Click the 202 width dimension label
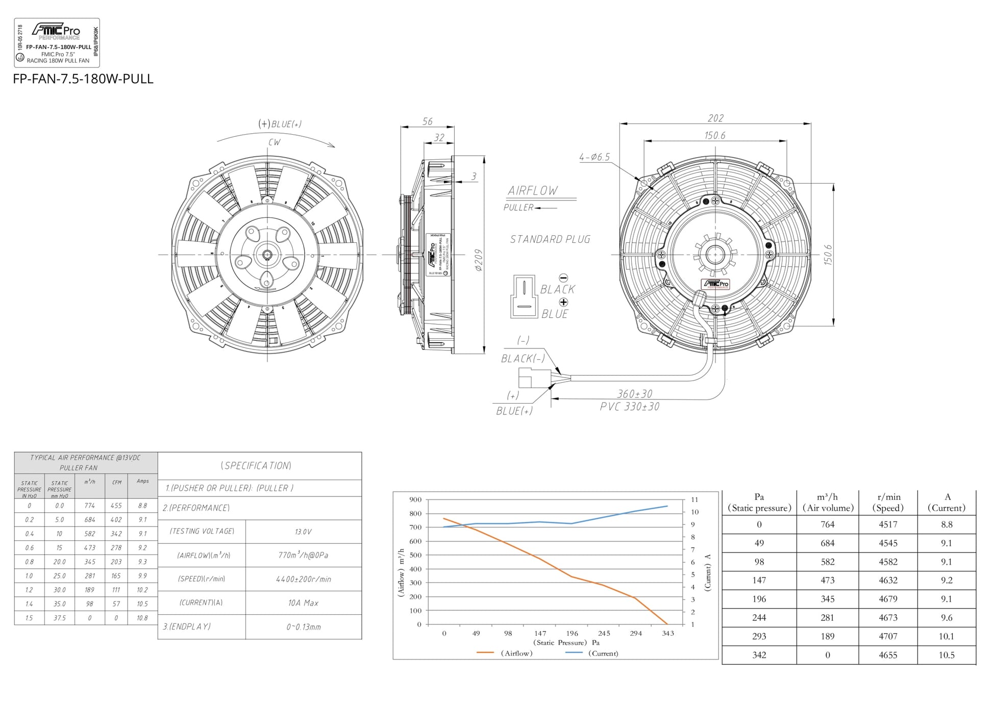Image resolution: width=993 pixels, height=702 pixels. (715, 118)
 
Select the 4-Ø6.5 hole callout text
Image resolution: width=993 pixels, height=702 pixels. (594, 157)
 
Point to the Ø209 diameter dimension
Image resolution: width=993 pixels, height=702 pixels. (478, 260)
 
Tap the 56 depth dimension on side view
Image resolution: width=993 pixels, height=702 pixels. (427, 121)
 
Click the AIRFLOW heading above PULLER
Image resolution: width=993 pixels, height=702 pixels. (532, 191)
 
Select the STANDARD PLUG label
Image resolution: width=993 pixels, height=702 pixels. (550, 239)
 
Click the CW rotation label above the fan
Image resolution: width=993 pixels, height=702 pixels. (274, 142)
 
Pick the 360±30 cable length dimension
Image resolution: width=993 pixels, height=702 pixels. (634, 394)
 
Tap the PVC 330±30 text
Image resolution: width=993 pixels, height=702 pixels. (629, 407)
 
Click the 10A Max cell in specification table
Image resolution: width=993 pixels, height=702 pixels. (303, 603)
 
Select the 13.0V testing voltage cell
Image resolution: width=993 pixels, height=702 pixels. (303, 532)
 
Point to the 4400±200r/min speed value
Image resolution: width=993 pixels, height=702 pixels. (303, 579)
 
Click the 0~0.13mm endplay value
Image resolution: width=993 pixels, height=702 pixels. (303, 627)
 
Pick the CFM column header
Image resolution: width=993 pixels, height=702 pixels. (117, 482)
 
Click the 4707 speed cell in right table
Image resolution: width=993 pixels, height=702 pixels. (888, 636)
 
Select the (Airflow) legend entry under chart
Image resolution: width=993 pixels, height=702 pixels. (516, 653)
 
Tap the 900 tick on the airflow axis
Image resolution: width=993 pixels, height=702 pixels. (415, 499)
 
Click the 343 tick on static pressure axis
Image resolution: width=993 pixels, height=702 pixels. (667, 633)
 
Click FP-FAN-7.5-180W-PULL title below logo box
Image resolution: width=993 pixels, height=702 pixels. (83, 79)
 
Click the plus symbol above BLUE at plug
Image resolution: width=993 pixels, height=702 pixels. (563, 302)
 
